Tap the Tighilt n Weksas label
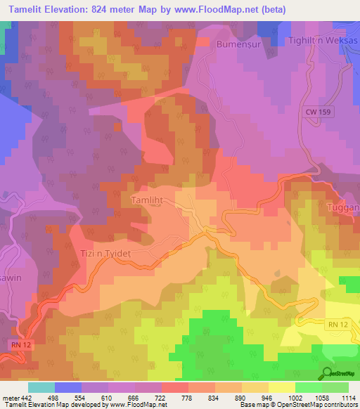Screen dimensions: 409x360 tap(323, 41)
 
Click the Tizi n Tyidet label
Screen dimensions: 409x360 tap(115, 252)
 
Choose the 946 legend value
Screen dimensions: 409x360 tap(266, 398)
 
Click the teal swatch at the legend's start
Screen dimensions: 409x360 tap(41, 387)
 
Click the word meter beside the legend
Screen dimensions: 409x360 tap(11, 398)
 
